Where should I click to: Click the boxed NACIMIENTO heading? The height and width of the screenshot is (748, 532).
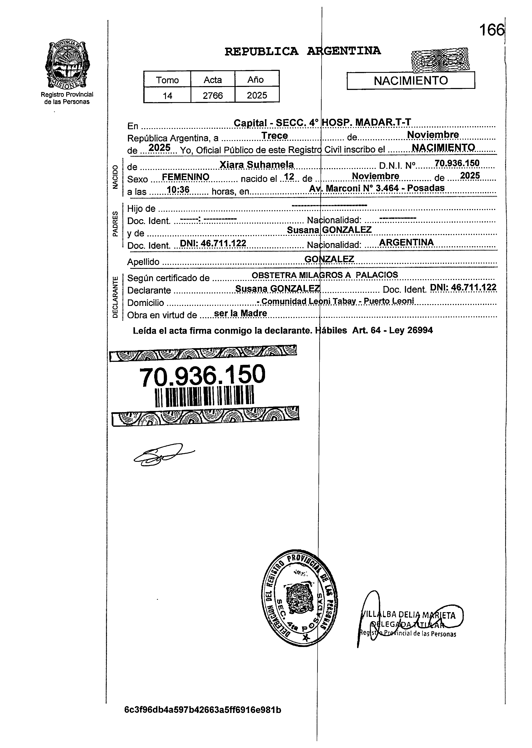pos(410,81)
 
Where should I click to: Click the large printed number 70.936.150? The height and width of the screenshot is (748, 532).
pos(202,375)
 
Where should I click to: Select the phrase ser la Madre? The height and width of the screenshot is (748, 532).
pos(240,314)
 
